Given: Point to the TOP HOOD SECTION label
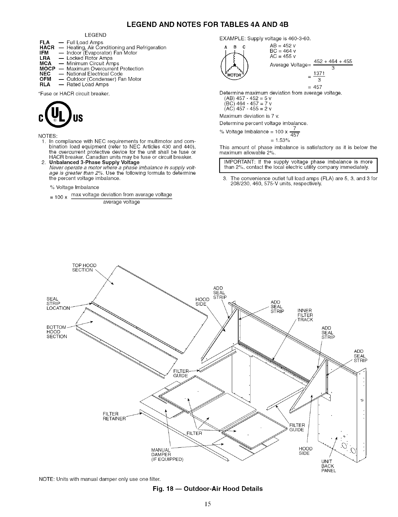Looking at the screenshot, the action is tap(84, 268).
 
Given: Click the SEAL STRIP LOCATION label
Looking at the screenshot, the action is tap(58, 303).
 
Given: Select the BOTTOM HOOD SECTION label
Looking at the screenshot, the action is tap(57, 332).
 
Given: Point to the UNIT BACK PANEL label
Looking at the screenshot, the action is tap(328, 466).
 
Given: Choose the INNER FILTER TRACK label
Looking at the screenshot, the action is tap(305, 315).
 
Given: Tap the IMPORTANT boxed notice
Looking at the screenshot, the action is tap(298, 165).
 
